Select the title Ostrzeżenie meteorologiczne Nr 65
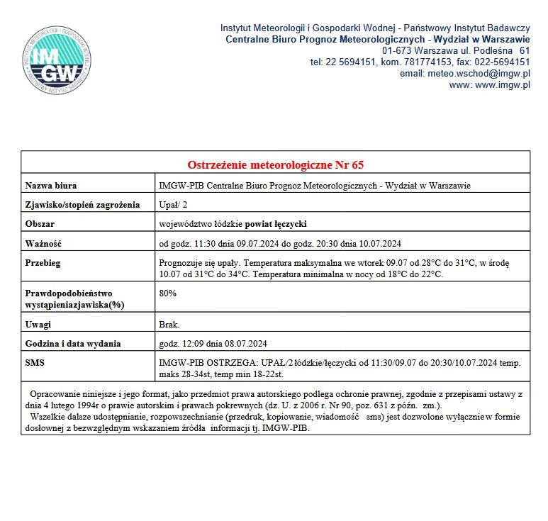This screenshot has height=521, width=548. (275, 165)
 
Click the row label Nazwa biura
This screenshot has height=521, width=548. (51, 186)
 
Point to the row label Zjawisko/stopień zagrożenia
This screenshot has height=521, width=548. (82, 206)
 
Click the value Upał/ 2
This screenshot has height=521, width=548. (175, 206)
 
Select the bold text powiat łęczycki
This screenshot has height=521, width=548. (276, 224)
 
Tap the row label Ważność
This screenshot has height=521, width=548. (44, 244)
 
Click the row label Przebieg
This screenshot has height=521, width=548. (43, 263)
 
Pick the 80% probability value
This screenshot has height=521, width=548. (168, 293)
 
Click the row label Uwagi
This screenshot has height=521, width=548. (38, 325)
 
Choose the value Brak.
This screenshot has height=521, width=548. (169, 325)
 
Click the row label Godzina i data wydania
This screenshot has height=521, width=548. (73, 344)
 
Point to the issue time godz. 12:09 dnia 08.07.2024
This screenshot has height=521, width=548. (213, 344)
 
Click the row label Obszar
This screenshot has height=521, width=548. (40, 224)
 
